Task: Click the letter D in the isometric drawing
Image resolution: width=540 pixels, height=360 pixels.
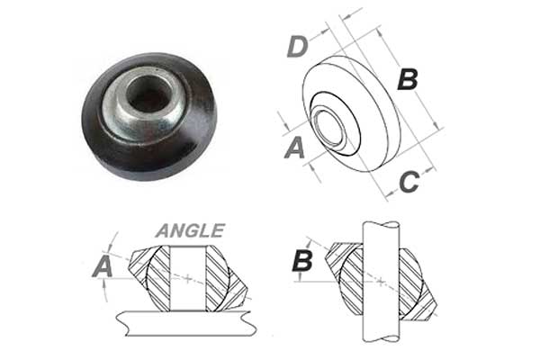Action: pyautogui.click(x=297, y=47)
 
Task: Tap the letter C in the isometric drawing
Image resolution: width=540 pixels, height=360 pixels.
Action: pyautogui.click(x=409, y=182)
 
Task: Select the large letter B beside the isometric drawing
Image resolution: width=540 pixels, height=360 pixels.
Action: pyautogui.click(x=408, y=79)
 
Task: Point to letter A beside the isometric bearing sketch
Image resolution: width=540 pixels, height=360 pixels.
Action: pyautogui.click(x=295, y=148)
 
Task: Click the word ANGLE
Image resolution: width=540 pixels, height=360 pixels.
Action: pyautogui.click(x=190, y=230)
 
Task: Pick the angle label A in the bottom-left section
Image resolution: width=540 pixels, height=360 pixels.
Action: pyautogui.click(x=103, y=267)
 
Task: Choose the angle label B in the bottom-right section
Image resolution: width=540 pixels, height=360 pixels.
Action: pyautogui.click(x=302, y=261)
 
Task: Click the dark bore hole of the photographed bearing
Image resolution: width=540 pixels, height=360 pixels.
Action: pyautogui.click(x=148, y=94)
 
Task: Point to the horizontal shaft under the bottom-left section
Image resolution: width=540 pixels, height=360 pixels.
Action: pyautogui.click(x=186, y=323)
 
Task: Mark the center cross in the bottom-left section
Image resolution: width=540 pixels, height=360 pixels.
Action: pyautogui.click(x=188, y=278)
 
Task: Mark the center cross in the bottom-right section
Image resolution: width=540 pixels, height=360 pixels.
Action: pyautogui.click(x=381, y=282)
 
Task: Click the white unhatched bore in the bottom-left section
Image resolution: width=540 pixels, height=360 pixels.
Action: pyautogui.click(x=188, y=278)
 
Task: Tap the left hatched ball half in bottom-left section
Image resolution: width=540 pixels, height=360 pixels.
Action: pyautogui.click(x=158, y=278)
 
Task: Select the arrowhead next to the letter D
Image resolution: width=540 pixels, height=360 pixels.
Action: pyautogui.click(x=324, y=31)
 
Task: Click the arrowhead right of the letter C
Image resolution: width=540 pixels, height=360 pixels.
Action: pyautogui.click(x=427, y=170)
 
